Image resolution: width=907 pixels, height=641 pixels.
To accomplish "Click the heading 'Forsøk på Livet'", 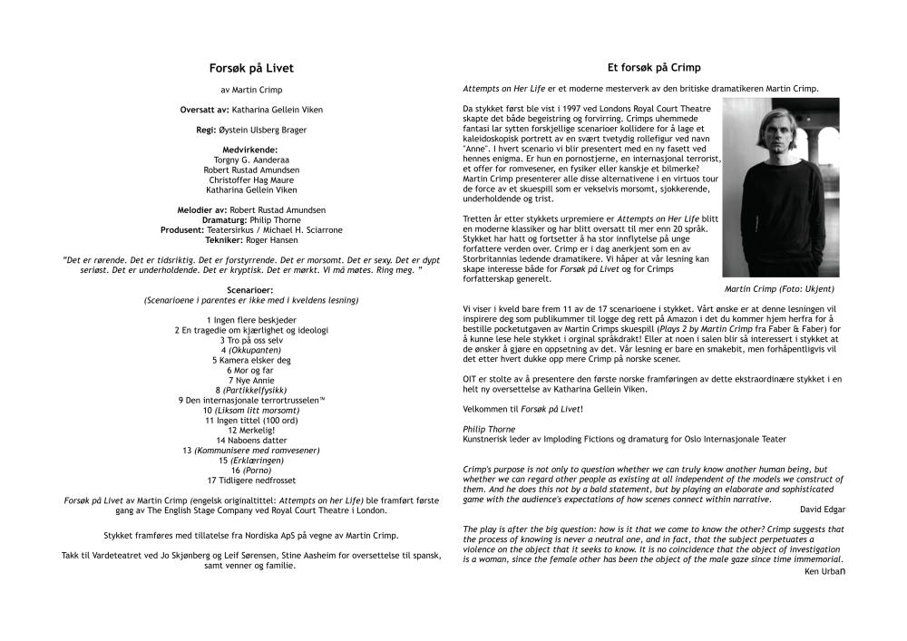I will click(x=251, y=68).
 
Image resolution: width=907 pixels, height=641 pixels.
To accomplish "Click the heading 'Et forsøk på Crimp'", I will click(x=654, y=67).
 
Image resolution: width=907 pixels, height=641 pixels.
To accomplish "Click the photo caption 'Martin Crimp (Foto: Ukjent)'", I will click(x=779, y=288).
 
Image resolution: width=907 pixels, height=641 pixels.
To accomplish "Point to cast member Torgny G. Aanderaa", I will click(x=251, y=160).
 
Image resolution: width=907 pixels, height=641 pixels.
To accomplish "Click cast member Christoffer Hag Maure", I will click(x=251, y=180).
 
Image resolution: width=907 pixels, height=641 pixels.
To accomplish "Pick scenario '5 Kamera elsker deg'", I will click(x=251, y=360).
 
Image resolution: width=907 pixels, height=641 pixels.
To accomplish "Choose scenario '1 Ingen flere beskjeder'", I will click(x=251, y=320).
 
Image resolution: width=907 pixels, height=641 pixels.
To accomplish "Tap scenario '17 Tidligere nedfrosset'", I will click(x=251, y=480).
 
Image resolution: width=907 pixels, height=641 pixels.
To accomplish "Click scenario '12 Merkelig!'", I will click(x=251, y=430).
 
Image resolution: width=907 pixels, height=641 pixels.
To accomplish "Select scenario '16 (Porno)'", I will click(x=251, y=470).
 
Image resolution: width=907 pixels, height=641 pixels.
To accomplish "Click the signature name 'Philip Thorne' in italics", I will click(x=489, y=429).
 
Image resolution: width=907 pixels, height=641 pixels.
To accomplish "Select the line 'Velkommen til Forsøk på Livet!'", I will click(x=522, y=409).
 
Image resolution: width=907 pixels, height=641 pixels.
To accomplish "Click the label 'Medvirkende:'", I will click(x=251, y=150).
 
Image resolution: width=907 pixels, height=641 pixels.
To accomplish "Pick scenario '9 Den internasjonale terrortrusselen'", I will click(x=251, y=400).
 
